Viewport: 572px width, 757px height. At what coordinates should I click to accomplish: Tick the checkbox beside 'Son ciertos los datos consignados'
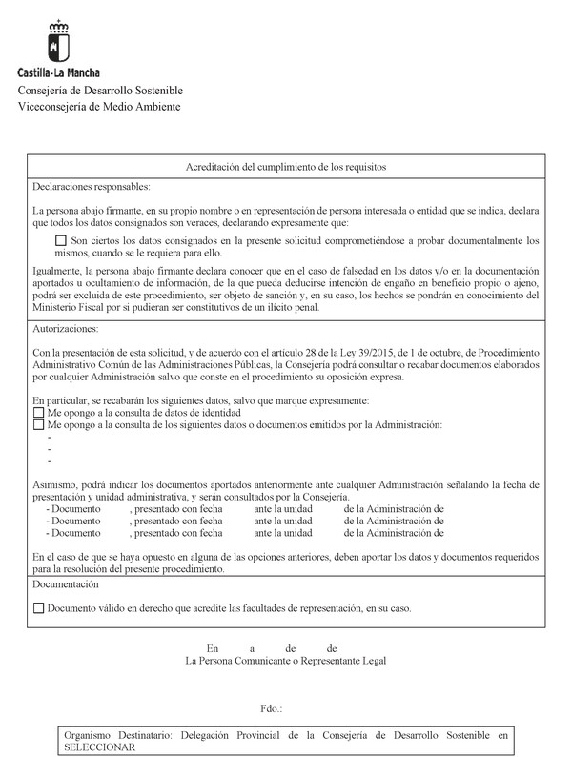click(62, 242)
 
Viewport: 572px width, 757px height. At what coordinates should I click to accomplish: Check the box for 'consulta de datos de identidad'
click(38, 413)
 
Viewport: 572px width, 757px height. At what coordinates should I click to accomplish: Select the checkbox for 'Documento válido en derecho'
click(38, 607)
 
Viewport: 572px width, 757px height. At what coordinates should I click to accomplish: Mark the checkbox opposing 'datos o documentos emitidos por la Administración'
click(38, 425)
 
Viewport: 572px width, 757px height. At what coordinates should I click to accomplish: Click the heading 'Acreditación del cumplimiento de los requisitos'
click(285, 166)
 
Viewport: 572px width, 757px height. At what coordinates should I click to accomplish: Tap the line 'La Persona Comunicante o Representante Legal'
click(286, 660)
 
